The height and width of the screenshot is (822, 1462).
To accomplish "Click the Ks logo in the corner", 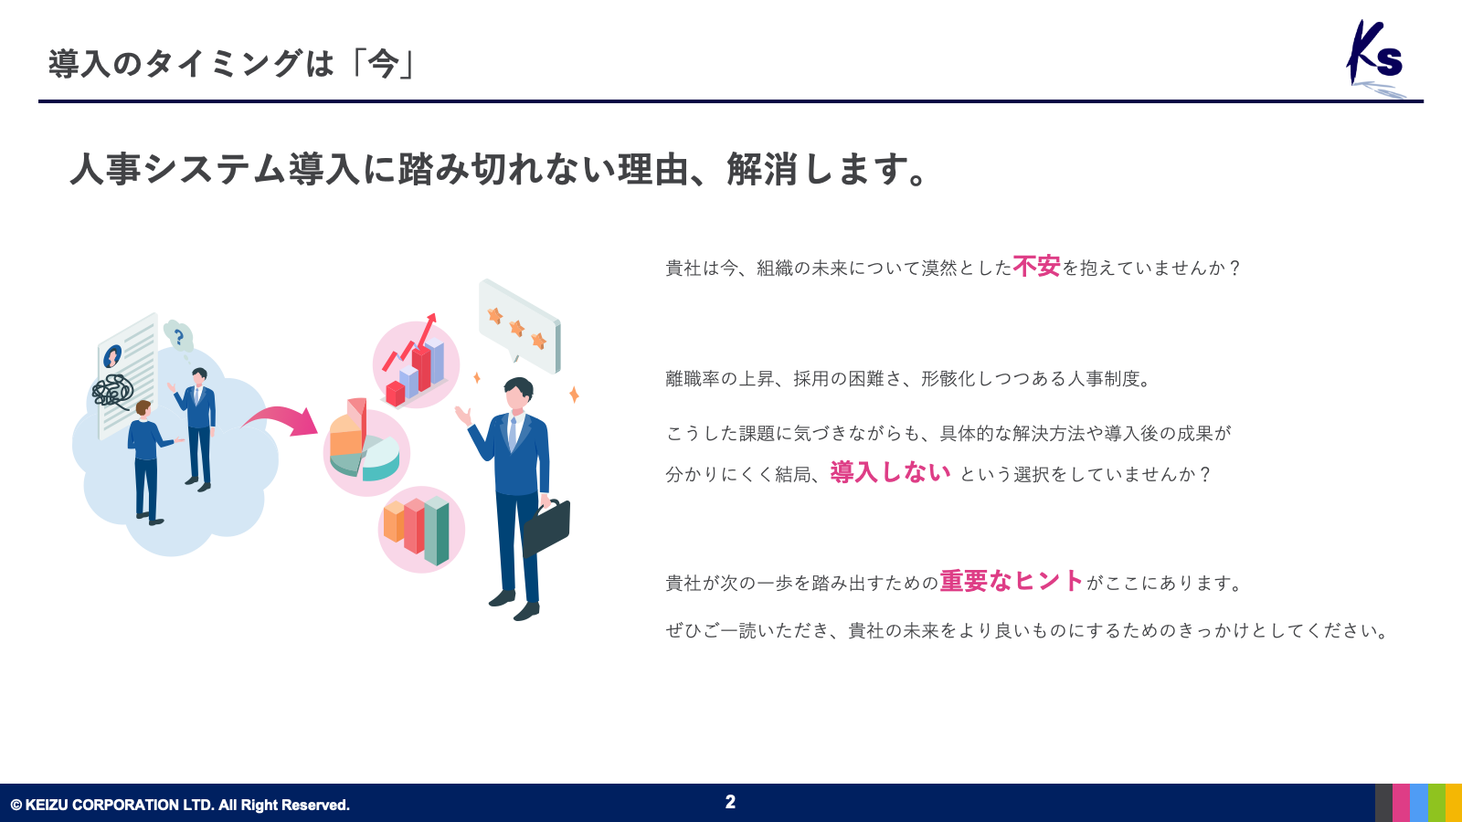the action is click(x=1375, y=58).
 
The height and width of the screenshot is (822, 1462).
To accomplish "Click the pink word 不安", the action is click(x=1036, y=266).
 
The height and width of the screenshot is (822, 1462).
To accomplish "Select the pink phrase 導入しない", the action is click(x=890, y=471).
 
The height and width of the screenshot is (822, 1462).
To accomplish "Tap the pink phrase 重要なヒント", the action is click(x=1012, y=580).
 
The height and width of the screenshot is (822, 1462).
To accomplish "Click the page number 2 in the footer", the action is click(x=730, y=802).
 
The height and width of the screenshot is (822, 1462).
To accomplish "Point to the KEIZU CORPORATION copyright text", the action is click(x=180, y=805).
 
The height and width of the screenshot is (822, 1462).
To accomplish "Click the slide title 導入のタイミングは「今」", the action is click(x=232, y=64).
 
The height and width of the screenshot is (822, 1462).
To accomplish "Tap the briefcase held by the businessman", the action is click(x=546, y=528).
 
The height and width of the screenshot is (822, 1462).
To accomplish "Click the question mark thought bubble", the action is click(x=178, y=336).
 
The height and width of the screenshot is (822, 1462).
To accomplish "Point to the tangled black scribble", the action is click(x=112, y=392).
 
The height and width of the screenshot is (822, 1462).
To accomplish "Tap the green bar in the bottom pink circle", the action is click(x=437, y=531).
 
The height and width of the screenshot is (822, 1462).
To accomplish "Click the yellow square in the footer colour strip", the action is click(x=1454, y=803).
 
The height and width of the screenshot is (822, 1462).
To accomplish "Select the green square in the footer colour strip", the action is click(x=1436, y=803).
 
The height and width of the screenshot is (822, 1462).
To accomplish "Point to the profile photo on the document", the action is click(x=112, y=356).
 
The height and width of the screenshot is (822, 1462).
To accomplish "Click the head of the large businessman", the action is click(x=518, y=394).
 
